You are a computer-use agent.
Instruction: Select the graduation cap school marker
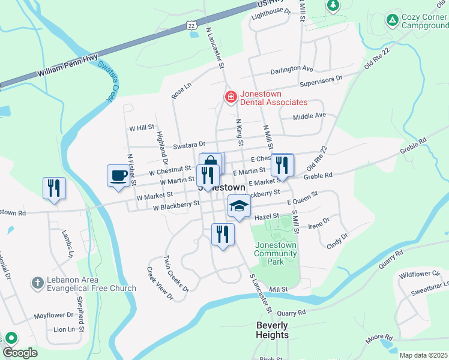pyautogui.click(x=239, y=206)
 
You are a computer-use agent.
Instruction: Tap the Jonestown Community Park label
pyautogui.click(x=276, y=253)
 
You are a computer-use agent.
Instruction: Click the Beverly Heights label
pyautogui.click(x=272, y=330)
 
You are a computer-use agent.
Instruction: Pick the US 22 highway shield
pyautogui.click(x=191, y=25)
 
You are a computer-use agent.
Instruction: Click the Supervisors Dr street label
pyautogui.click(x=321, y=79)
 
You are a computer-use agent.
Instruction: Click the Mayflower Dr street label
pyautogui.click(x=53, y=315)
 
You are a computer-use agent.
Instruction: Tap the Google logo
pyautogui.click(x=20, y=352)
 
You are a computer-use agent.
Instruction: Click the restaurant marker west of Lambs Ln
pyautogui.click(x=53, y=188)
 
